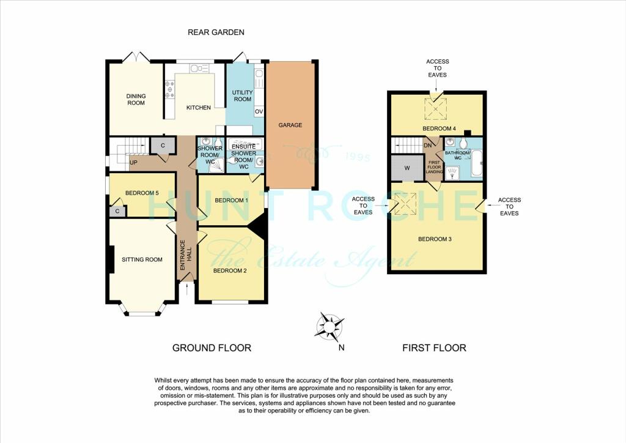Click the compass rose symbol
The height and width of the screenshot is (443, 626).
pos(330,326)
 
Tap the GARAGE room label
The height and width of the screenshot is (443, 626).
pos(290,125)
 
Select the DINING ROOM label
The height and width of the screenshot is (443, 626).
pos(136,99)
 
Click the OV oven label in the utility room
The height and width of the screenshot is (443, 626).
pos(259,112)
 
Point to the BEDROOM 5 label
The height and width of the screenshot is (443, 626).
pos(142,193)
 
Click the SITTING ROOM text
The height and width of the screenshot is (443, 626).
pos(142,259)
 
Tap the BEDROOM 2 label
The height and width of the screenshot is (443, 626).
pos(230,270)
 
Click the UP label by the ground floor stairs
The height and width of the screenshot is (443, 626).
pos(133,163)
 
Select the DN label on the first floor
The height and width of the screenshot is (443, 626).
pos(428,145)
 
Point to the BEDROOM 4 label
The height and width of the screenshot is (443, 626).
pos(439,128)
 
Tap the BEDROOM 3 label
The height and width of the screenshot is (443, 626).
pos(435,239)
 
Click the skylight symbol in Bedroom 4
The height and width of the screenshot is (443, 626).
pos(437,108)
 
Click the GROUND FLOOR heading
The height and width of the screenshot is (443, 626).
pos(212,348)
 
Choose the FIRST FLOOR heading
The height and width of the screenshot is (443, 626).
pos(434,348)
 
